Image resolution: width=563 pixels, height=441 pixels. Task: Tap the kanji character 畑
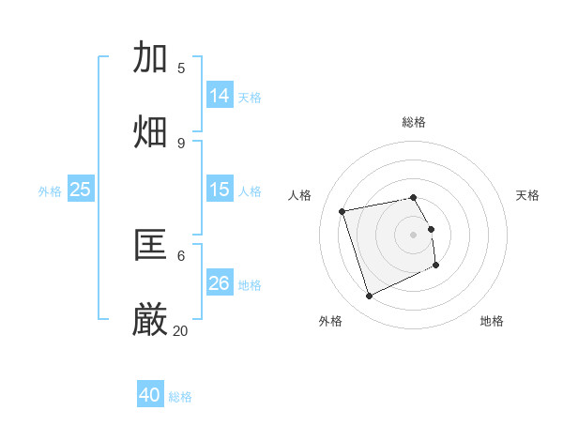(x=150, y=132)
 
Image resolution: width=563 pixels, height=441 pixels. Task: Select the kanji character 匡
(x=150, y=245)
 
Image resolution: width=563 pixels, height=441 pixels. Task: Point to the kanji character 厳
(x=150, y=320)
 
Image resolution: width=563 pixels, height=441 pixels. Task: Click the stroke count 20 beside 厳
(x=180, y=330)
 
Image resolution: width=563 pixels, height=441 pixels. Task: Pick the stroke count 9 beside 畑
(x=181, y=143)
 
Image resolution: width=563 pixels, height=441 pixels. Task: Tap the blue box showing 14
(x=220, y=96)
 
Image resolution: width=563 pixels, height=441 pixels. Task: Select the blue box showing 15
(x=220, y=190)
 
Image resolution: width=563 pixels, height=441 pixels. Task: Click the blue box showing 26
(x=220, y=283)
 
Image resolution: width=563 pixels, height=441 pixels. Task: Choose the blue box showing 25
(x=81, y=190)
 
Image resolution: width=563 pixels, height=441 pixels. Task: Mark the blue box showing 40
(x=150, y=395)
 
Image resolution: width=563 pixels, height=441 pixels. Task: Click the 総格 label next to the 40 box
(x=180, y=397)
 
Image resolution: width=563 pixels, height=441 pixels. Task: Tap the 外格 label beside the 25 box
(x=50, y=191)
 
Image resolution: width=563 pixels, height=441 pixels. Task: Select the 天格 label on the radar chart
(x=527, y=195)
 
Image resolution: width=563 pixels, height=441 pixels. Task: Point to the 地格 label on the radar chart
(x=492, y=321)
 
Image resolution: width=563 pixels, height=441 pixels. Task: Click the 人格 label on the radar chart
(x=300, y=195)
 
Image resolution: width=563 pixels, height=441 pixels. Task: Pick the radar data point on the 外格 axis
(x=369, y=297)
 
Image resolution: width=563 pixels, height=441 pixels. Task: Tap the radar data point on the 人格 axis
(x=342, y=210)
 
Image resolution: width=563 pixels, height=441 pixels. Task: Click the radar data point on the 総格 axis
(x=413, y=197)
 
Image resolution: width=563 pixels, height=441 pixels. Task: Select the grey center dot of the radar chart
(x=413, y=234)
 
